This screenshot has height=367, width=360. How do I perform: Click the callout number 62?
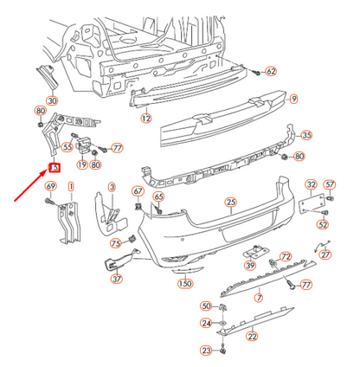270,71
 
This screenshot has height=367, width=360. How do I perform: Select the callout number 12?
146,118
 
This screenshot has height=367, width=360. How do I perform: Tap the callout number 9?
293,99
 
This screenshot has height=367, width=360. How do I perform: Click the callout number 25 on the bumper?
231,203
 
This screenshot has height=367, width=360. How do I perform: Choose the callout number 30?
52,101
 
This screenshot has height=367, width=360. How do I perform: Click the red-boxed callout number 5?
54,168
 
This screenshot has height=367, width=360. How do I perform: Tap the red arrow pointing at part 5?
29,187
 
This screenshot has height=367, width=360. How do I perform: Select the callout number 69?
51,187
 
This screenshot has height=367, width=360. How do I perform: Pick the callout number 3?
112,187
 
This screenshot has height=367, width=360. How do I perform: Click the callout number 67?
138,191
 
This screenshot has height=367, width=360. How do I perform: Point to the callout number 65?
158,197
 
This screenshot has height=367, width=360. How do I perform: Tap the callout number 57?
330,185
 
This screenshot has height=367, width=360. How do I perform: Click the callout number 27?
325,255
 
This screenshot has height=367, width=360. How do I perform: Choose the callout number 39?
249,265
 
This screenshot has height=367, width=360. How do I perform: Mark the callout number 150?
184,283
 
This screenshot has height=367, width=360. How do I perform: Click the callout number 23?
206,351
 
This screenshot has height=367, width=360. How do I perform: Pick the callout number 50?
206,306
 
